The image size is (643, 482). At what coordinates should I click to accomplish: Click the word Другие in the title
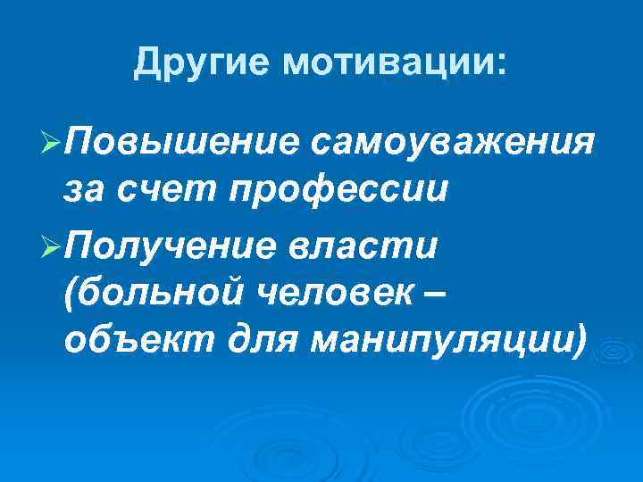point(205,63)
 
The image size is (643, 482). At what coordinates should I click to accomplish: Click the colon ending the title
point(498,64)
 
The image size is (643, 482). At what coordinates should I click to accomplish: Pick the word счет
point(163,189)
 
